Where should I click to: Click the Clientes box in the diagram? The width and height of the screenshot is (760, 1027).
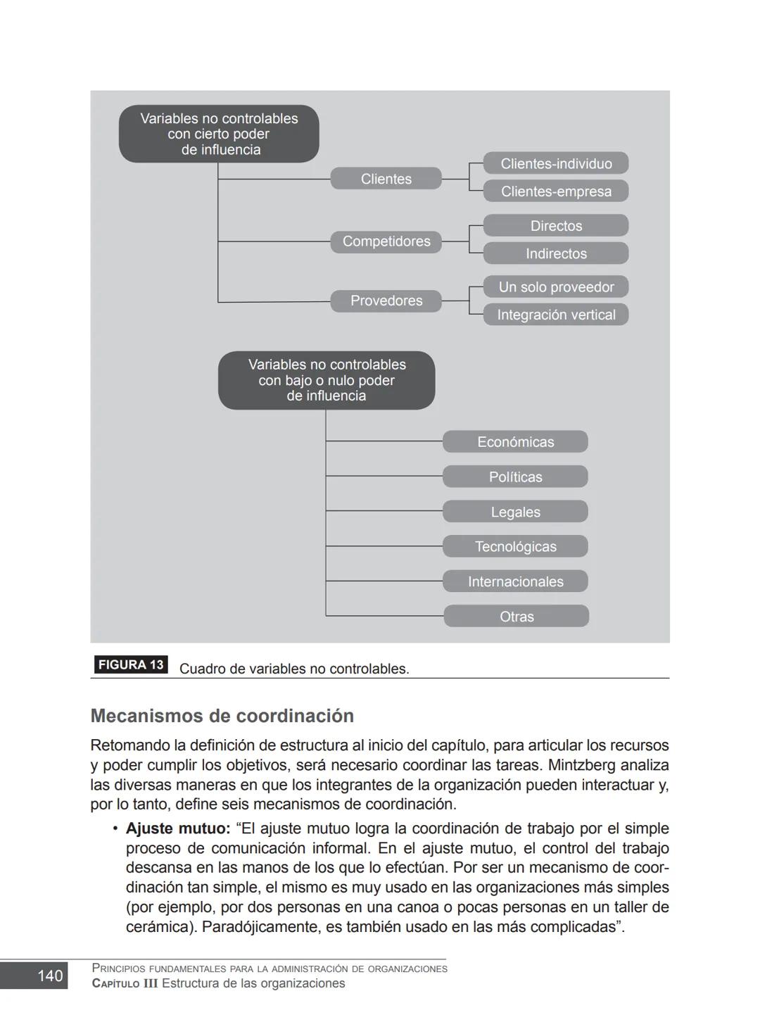[386, 179]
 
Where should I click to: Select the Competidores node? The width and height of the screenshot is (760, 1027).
[386, 241]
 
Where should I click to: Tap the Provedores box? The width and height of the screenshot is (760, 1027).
[386, 301]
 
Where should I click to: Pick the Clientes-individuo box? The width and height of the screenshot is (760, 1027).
[555, 163]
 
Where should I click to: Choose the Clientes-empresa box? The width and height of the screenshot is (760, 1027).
[555, 191]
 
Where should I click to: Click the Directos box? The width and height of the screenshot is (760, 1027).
[555, 226]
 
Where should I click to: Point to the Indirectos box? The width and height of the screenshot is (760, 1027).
[555, 253]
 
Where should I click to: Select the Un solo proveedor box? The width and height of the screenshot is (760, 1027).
[555, 287]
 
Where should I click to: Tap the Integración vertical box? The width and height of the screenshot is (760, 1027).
[555, 315]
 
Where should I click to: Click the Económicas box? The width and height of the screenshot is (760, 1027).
[515, 442]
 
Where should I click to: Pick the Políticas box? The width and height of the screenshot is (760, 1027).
[515, 477]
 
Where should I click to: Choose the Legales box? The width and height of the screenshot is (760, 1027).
[515, 512]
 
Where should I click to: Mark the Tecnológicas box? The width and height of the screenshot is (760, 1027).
[515, 546]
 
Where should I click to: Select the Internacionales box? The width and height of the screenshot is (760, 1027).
[515, 581]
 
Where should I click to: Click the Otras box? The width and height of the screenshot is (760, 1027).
[516, 617]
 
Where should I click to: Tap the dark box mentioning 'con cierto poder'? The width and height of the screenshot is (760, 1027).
[219, 134]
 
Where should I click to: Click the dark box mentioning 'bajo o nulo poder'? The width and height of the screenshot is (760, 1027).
[327, 380]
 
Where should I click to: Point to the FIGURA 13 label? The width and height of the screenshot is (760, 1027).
[131, 664]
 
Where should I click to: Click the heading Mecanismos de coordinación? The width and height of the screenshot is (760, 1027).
[222, 716]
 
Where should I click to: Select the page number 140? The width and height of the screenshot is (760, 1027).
[49, 976]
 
